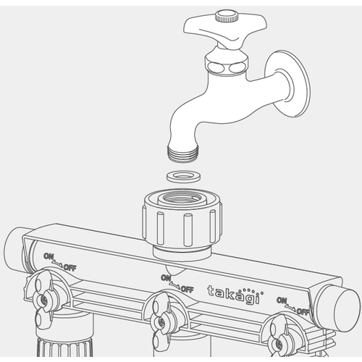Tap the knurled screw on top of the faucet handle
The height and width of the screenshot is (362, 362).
pos(225,16)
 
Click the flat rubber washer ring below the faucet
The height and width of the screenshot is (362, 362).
pos(183,177)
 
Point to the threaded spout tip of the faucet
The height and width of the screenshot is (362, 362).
pos(183,153)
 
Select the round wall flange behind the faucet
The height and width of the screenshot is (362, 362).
pos(287,84)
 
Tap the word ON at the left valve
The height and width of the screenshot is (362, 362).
pos(49,256)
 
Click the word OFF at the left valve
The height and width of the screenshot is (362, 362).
pos(70,267)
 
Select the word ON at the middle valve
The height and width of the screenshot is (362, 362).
pos(167,277)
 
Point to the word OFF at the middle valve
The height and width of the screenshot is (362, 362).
pos(187,289)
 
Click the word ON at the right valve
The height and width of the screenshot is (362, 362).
pos(282,300)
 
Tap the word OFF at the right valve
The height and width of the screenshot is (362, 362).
pos(303,311)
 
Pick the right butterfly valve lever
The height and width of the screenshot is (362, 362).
pos(277,338)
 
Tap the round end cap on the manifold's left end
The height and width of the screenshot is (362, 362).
pos(14,248)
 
